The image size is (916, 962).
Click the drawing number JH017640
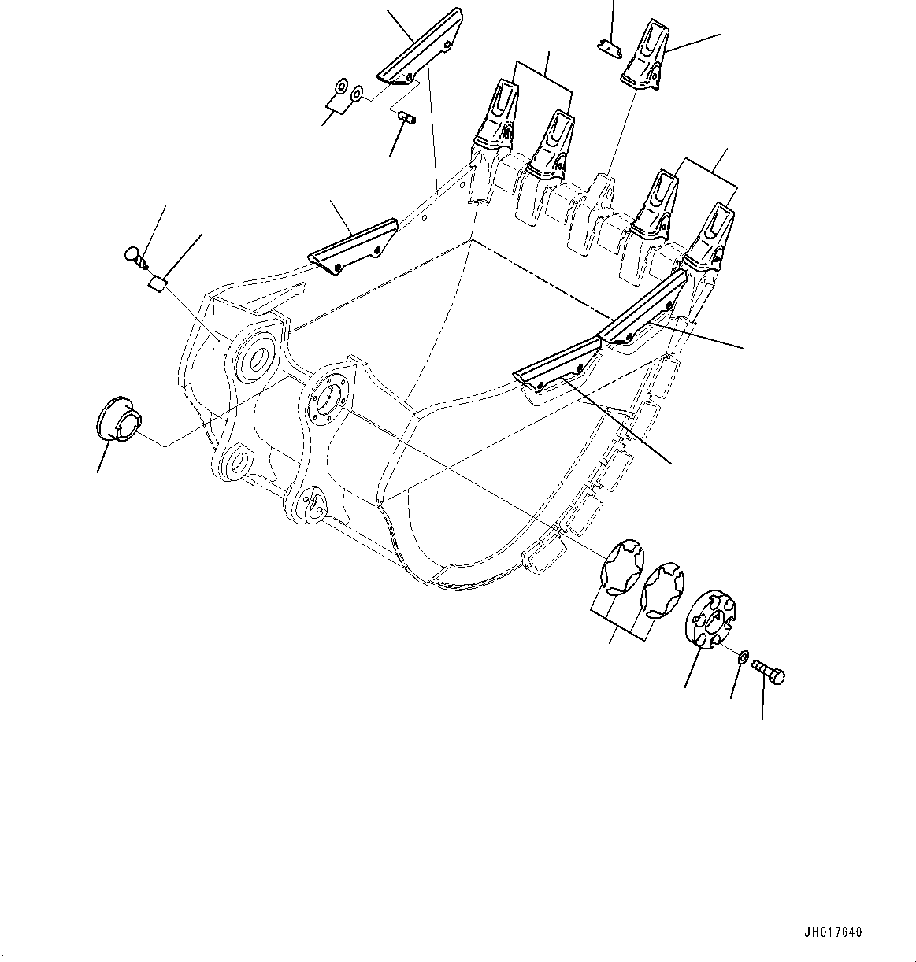pos(833,933)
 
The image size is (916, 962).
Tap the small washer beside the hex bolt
pos(743,655)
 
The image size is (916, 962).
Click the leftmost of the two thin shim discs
pos(623,565)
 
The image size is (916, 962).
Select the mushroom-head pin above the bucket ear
pos(136,256)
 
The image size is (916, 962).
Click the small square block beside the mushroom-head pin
pos(157,283)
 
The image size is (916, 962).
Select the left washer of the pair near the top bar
pos(340,87)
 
